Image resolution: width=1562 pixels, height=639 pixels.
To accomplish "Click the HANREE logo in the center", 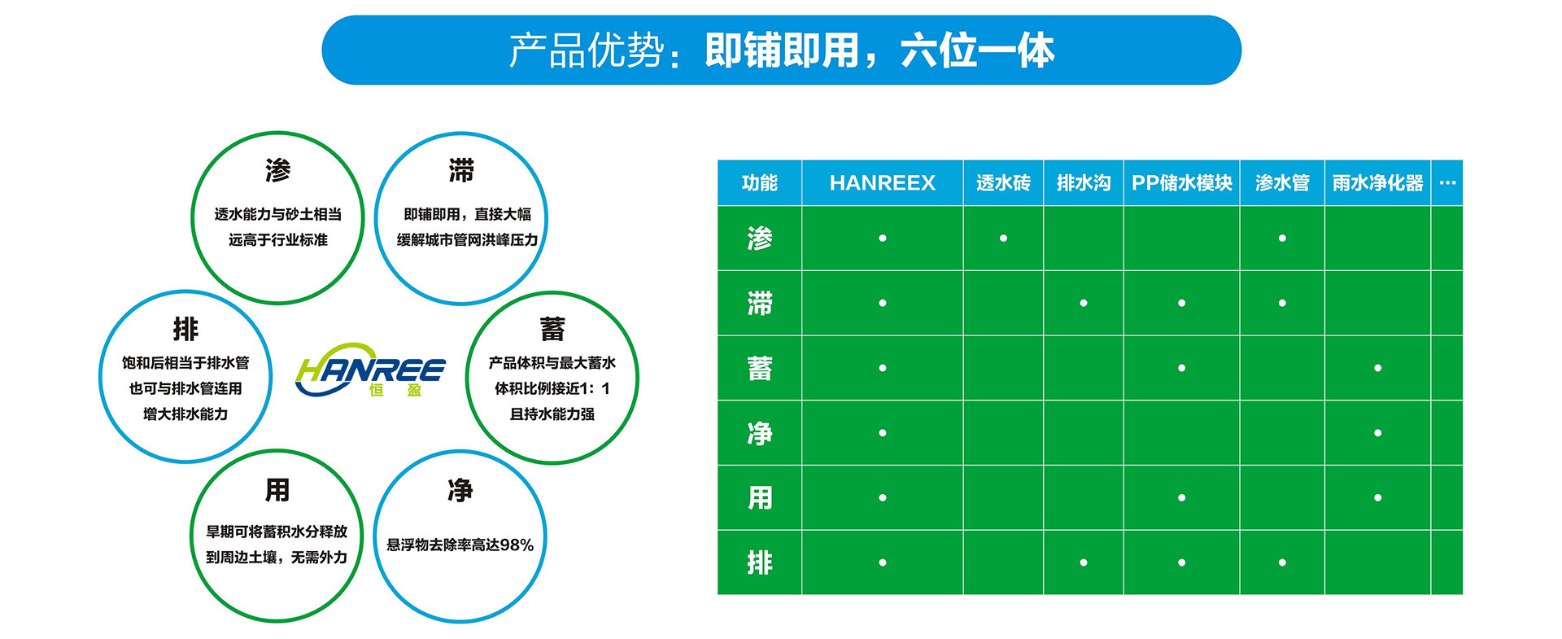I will pyautogui.click(x=370, y=372).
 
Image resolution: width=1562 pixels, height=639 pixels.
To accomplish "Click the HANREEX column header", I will pyautogui.click(x=882, y=183).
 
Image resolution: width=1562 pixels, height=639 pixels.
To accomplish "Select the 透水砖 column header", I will pyautogui.click(x=1003, y=183).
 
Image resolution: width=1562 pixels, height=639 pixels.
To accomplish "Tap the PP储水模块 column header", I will pyautogui.click(x=1181, y=183).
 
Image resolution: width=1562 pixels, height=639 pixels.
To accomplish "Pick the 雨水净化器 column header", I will pyautogui.click(x=1377, y=183).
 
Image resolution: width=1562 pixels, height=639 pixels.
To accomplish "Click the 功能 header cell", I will pyautogui.click(x=759, y=183).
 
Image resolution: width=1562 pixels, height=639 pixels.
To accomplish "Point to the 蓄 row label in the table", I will pyautogui.click(x=759, y=368).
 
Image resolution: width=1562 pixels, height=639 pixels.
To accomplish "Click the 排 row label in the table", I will pyautogui.click(x=759, y=562).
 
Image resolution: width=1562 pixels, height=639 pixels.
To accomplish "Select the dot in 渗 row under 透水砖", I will pyautogui.click(x=1003, y=239).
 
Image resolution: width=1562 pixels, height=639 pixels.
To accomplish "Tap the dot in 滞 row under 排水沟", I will pyautogui.click(x=1083, y=303).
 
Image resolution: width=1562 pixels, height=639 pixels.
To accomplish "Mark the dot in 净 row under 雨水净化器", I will pyautogui.click(x=1377, y=433).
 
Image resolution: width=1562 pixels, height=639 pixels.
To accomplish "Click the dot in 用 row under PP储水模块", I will pyautogui.click(x=1181, y=497).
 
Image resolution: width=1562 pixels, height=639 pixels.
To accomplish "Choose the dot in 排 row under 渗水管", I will pyautogui.click(x=1282, y=562).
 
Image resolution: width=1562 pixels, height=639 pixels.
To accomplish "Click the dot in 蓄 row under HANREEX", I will pyautogui.click(x=882, y=368).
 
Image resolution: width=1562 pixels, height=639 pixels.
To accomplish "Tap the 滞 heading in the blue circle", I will pyautogui.click(x=461, y=171).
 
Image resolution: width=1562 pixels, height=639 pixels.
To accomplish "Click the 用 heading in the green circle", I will pyautogui.click(x=277, y=490).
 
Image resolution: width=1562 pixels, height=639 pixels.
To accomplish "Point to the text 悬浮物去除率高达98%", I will pyautogui.click(x=460, y=545).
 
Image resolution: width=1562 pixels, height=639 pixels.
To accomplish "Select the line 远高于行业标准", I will pyautogui.click(x=277, y=240).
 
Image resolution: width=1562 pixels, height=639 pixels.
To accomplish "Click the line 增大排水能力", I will pyautogui.click(x=185, y=414).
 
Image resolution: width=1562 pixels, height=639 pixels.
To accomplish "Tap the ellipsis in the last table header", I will pyautogui.click(x=1446, y=183).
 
